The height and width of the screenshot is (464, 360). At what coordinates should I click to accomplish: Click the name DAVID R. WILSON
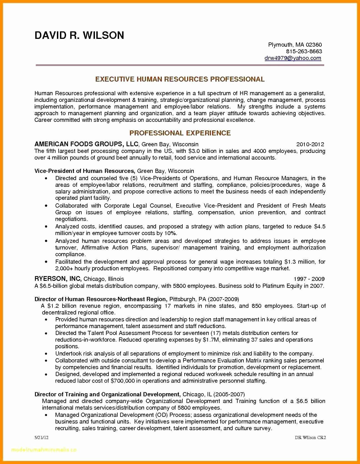79,35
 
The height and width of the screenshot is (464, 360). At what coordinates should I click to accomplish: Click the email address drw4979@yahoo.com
293,58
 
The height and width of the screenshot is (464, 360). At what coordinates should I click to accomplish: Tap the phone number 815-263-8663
304,51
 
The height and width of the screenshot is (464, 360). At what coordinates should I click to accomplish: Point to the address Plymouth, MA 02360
295,45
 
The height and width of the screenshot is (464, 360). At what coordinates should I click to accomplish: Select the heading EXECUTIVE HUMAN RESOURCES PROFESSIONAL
180,79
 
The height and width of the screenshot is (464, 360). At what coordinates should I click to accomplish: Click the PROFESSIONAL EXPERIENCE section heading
180,133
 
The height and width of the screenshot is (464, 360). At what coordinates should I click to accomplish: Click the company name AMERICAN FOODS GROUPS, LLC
86,144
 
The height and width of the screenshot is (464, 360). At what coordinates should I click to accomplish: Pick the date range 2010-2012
310,144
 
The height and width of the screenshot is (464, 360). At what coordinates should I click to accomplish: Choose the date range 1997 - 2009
309,279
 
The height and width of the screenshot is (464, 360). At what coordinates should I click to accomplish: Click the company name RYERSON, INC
58,279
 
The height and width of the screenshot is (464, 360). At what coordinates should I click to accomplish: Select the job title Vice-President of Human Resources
84,171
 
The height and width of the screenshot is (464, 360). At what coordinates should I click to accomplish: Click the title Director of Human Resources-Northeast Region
100,299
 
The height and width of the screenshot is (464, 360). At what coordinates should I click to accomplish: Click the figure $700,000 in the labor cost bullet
122,381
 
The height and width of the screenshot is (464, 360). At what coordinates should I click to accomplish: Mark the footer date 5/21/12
42,438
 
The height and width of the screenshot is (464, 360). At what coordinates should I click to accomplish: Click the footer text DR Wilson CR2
310,438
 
